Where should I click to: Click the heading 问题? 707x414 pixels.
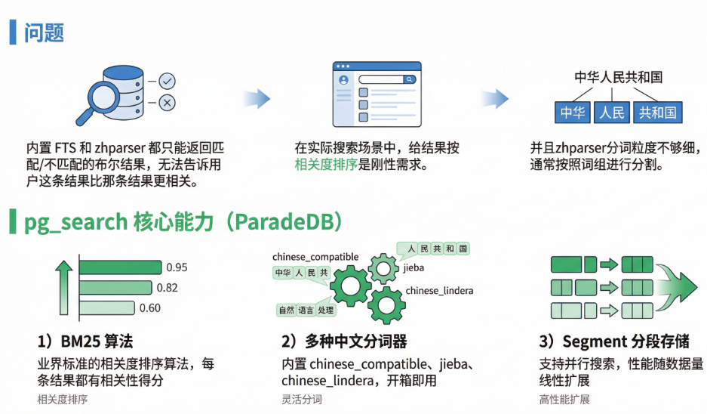point(44,32)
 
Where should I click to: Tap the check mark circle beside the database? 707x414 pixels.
point(167,80)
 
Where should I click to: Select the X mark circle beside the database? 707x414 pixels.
point(167,103)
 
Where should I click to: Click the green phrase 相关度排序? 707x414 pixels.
point(328,165)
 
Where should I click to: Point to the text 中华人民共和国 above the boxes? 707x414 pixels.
point(618,78)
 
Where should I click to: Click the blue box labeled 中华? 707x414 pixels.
point(573,113)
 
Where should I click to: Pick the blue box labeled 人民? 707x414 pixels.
point(612,113)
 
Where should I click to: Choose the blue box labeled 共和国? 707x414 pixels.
point(657,113)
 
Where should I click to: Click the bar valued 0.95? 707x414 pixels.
point(120,267)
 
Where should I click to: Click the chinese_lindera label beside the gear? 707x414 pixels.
point(437,292)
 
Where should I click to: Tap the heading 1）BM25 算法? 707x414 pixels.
point(90,342)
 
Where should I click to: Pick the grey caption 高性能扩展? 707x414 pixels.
point(564,400)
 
